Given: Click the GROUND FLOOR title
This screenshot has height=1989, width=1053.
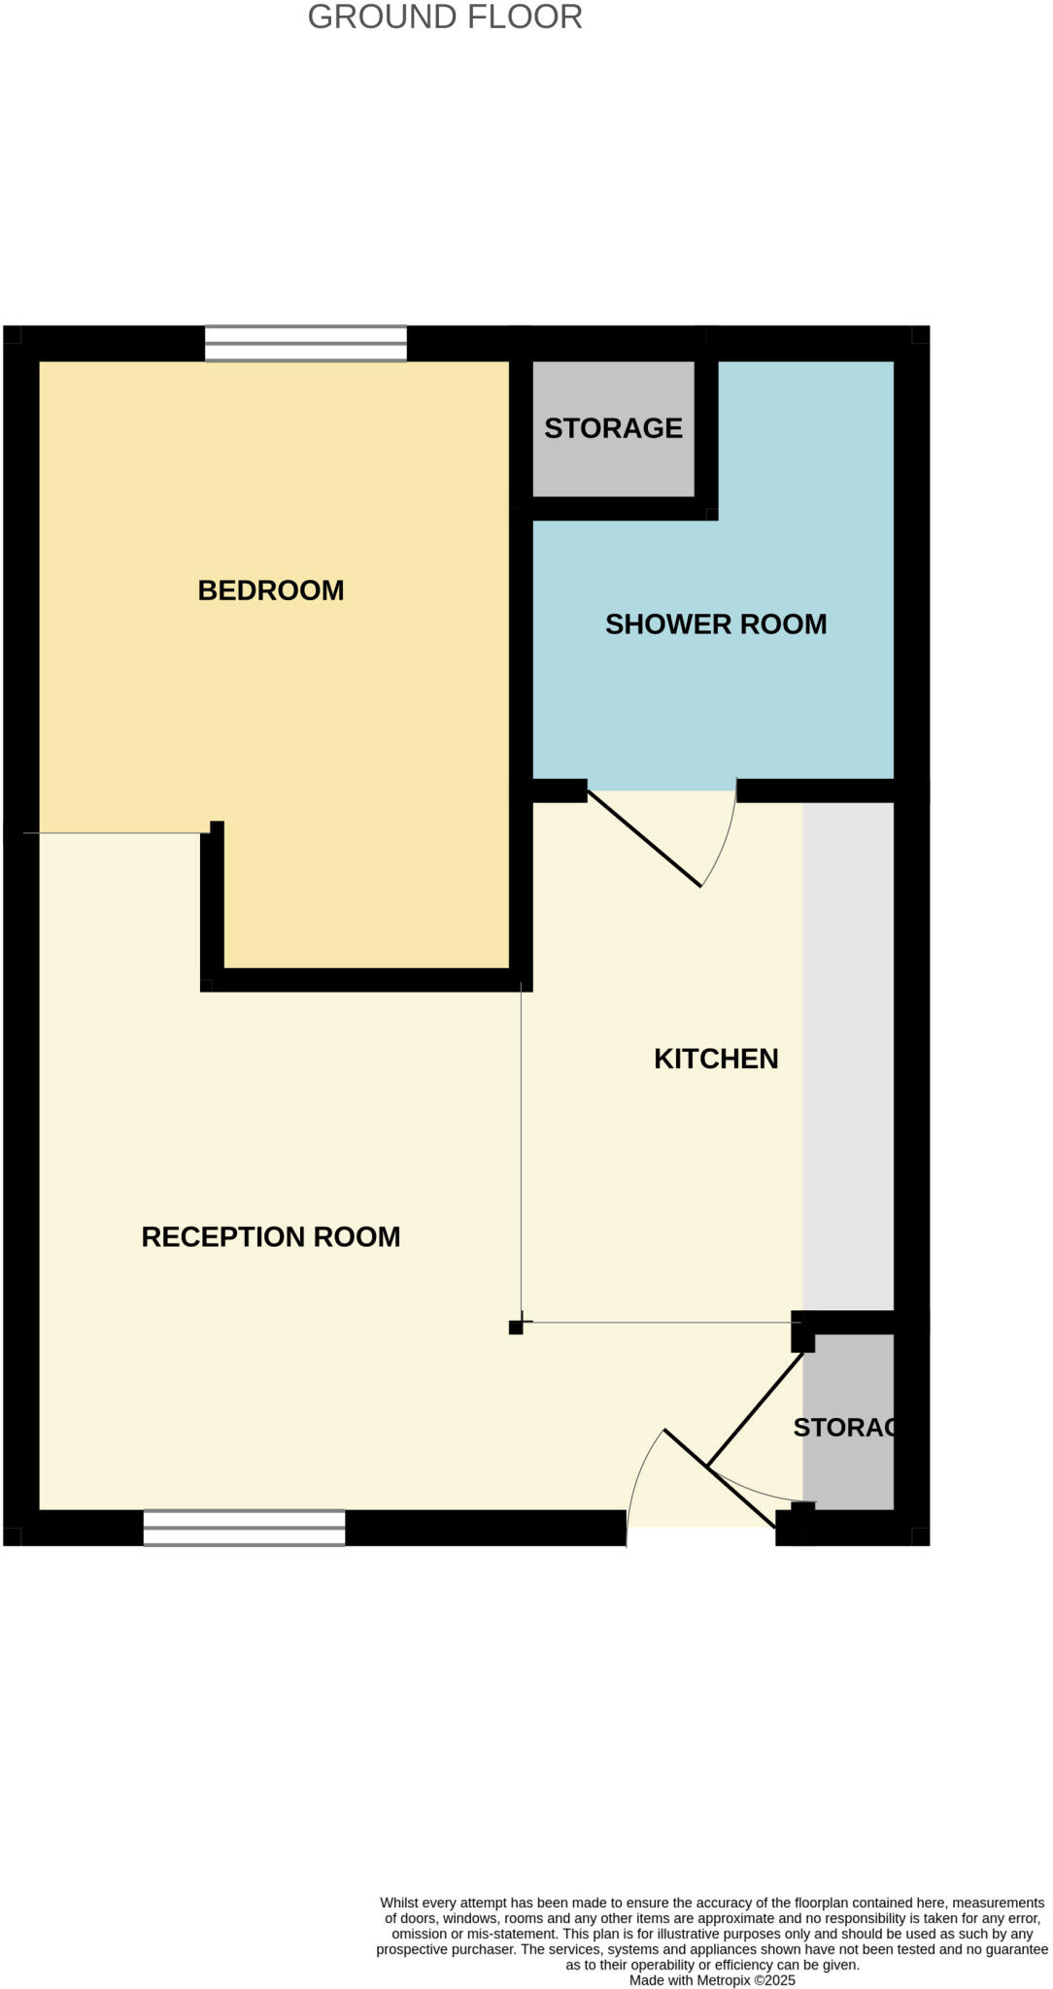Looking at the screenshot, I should click(x=445, y=17).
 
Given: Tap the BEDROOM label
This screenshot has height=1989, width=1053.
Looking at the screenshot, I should click(x=271, y=590).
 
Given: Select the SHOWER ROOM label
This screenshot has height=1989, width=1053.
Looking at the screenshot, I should click(x=716, y=624).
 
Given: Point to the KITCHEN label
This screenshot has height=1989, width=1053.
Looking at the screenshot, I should click(x=716, y=1059).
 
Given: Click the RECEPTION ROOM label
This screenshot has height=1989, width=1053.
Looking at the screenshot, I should click(x=271, y=1237).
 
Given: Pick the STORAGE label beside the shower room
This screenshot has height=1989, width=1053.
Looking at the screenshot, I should click(x=613, y=428).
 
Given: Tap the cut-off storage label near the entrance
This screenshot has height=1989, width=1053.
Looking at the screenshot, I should click(x=843, y=1428).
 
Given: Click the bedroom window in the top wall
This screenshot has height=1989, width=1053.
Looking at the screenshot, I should click(x=305, y=344).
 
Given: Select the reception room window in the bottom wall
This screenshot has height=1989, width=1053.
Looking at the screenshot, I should click(x=244, y=1528).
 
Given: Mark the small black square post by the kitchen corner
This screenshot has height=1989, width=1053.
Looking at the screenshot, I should click(x=516, y=1328).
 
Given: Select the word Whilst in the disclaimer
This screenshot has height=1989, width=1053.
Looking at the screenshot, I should click(x=399, y=1903).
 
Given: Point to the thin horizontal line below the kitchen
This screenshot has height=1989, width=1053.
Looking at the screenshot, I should click(x=661, y=1323).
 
